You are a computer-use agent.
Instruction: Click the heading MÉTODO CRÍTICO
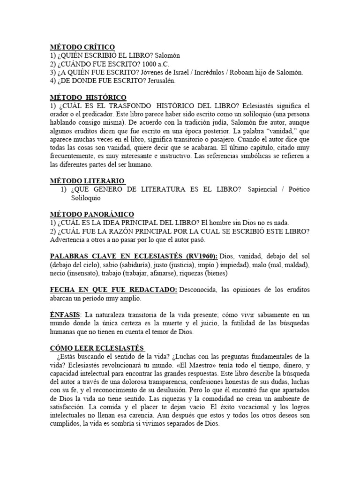(82, 47)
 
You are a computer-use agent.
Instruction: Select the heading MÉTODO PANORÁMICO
(92, 214)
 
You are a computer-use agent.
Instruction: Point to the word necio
(59, 273)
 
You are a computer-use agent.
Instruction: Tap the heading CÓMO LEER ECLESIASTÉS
(97, 349)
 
